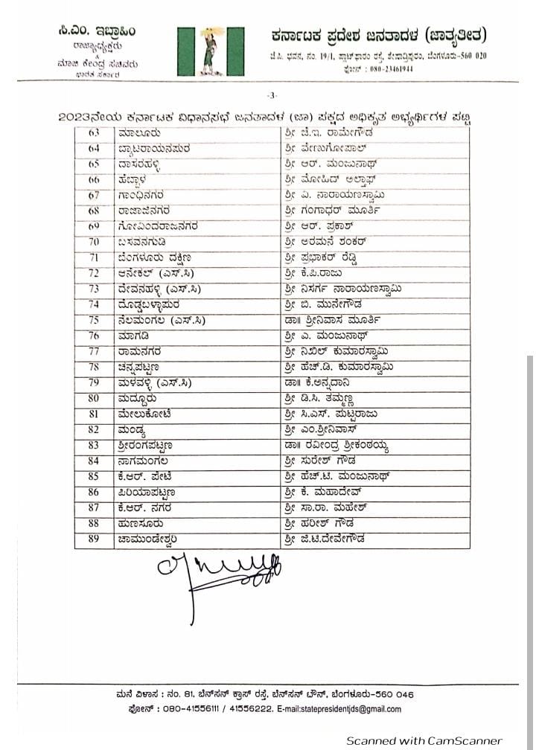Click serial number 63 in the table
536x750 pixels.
point(94,132)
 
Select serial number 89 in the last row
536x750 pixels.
point(94,539)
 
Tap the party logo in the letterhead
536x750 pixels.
point(211,50)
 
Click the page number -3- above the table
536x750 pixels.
point(272,94)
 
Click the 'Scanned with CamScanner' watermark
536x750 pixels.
point(424,741)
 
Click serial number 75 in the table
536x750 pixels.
point(94,320)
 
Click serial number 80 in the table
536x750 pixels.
point(94,398)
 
